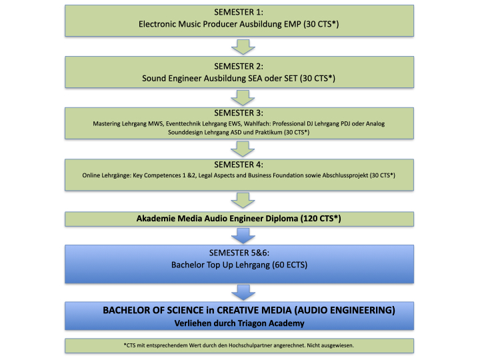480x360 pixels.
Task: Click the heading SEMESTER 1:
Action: pyautogui.click(x=239, y=12)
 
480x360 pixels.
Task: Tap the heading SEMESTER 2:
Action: pyautogui.click(x=239, y=67)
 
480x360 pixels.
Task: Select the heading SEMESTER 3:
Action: pyautogui.click(x=239, y=113)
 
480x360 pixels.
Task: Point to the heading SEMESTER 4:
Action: pyautogui.click(x=239, y=165)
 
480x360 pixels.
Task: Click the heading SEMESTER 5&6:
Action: pyautogui.click(x=239, y=253)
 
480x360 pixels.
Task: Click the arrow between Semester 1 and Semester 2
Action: pyautogui.click(x=243, y=47)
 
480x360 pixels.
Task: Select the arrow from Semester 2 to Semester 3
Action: pyautogui.click(x=243, y=98)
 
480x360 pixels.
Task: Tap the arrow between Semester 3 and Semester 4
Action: pyautogui.click(x=243, y=149)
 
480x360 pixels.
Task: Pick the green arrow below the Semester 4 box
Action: pyautogui.click(x=243, y=201)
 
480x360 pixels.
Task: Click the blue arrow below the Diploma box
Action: pyautogui.click(x=243, y=236)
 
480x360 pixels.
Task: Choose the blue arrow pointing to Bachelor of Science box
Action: pyautogui.click(x=243, y=293)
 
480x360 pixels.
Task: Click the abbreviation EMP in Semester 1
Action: pyautogui.click(x=293, y=24)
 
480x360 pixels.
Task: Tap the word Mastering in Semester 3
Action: pyautogui.click(x=107, y=124)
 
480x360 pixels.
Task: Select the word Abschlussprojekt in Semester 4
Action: pyautogui.click(x=345, y=175)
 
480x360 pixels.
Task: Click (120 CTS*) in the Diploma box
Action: pyautogui.click(x=321, y=219)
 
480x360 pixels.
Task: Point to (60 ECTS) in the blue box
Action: pyautogui.click(x=289, y=265)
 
